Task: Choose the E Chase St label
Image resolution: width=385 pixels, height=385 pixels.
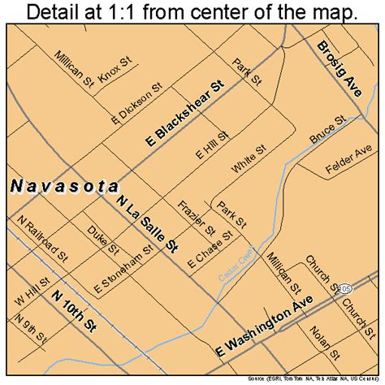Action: [x=210, y=249]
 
